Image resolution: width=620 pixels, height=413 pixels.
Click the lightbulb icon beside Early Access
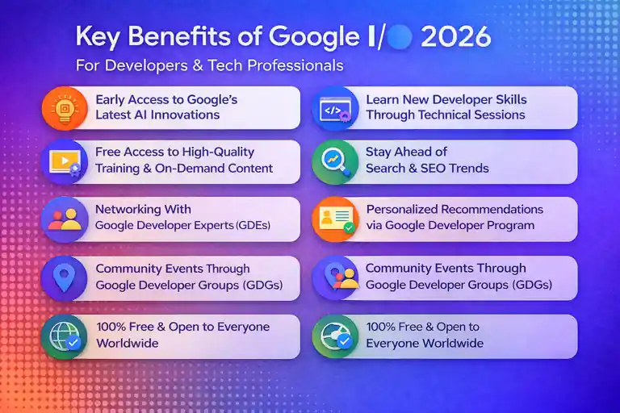[x=64, y=107]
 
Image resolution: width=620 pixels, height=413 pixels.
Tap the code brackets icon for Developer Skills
[x=335, y=107]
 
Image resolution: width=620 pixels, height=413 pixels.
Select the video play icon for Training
[x=64, y=161]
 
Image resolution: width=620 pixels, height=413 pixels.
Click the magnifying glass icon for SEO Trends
[x=335, y=161]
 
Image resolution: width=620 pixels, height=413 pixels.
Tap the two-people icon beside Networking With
[x=64, y=218]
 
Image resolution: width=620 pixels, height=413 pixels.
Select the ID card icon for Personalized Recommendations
[x=335, y=218]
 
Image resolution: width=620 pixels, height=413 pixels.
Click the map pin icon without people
[x=64, y=277]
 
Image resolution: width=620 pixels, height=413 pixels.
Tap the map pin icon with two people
[x=335, y=277]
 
